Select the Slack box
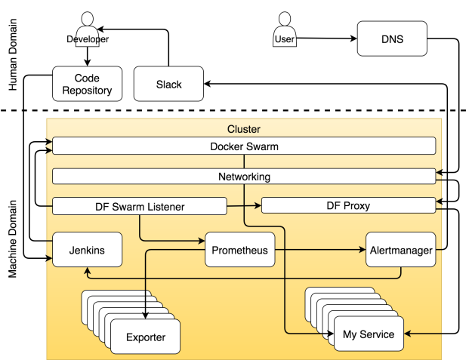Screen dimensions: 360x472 [168, 84]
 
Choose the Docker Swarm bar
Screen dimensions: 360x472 [243, 146]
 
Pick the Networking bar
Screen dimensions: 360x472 [243, 177]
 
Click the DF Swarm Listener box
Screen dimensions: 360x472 [140, 205]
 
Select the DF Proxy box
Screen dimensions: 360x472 [348, 205]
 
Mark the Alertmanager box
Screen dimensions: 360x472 [400, 250]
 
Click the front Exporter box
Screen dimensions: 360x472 [145, 337]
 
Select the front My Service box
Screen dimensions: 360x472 [369, 334]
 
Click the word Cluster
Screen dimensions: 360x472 [243, 130]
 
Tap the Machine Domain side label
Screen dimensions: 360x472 [11, 238]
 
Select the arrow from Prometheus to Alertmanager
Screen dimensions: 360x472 [317, 250]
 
